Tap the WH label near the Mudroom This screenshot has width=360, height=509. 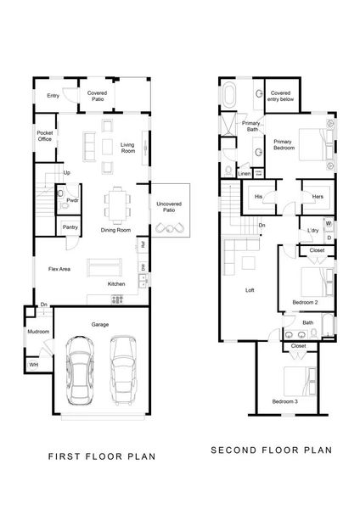tap(34, 364)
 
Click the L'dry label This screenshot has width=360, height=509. tap(312, 230)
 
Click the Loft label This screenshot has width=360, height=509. tap(250, 290)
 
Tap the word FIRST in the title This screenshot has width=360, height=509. tap(69, 456)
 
